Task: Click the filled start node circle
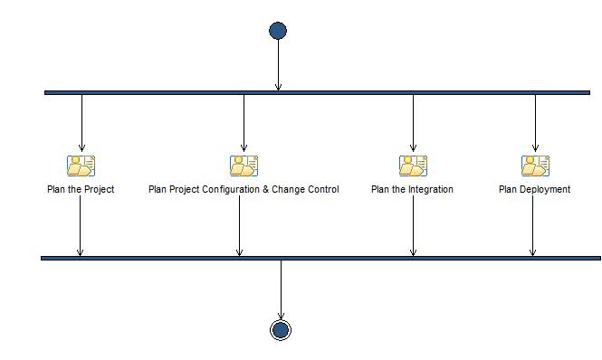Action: (278, 31)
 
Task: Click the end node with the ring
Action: (281, 330)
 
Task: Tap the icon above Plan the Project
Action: (81, 166)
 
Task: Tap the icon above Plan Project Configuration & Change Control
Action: (244, 166)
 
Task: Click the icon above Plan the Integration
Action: (413, 166)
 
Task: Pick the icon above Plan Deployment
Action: (535, 166)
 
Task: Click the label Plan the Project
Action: (81, 190)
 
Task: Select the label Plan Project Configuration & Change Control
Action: (244, 190)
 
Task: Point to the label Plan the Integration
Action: (412, 190)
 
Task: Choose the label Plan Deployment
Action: (534, 190)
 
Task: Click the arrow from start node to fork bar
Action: (278, 63)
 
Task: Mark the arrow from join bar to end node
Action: (281, 289)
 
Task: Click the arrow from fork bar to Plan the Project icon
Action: (81, 122)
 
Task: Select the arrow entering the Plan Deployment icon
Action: (535, 122)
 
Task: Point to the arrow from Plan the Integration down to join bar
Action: (413, 226)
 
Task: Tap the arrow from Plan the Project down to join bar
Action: (80, 226)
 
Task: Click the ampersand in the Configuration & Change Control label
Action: (268, 190)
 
